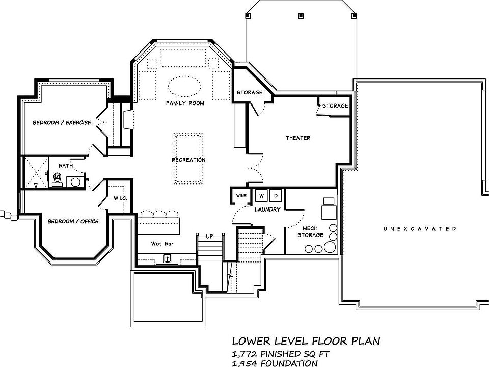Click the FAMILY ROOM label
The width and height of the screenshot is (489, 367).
tap(185, 103)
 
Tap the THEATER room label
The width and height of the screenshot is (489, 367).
tap(298, 138)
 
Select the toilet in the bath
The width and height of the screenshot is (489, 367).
tap(58, 180)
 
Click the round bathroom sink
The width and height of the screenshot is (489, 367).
tap(75, 182)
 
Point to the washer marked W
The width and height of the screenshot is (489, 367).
tap(261, 196)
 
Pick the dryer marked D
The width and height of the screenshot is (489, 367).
tap(276, 196)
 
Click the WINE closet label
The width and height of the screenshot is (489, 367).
tap(241, 196)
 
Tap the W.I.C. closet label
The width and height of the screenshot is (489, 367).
tap(120, 198)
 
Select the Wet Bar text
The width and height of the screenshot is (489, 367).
tap(162, 244)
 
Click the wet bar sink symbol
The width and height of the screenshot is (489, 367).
tap(168, 259)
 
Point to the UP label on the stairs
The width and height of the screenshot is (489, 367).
tap(209, 237)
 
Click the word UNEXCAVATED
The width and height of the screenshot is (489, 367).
tap(419, 229)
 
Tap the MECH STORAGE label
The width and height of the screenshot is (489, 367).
tap(310, 232)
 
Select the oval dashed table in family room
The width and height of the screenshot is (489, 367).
tap(184, 86)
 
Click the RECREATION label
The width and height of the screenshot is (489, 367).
tap(188, 160)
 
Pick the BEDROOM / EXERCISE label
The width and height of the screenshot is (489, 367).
tap(62, 123)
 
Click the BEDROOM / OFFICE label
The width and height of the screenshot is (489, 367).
tap(73, 221)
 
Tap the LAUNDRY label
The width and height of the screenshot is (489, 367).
tap(267, 209)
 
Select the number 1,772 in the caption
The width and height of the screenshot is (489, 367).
tap(244, 354)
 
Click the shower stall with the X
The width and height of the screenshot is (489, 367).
tap(36, 173)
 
